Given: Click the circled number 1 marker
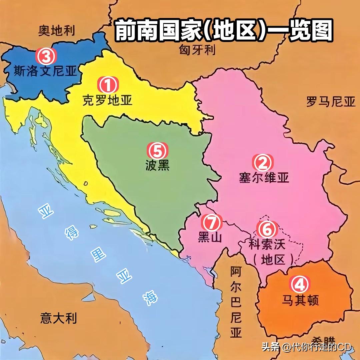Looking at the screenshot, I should point(108,85).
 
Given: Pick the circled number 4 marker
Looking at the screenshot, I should point(300,284).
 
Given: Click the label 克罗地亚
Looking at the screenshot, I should point(107,100).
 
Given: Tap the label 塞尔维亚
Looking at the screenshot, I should point(264,177).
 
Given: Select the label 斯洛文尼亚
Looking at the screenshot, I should point(45,71).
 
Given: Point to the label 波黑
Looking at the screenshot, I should point(157,166).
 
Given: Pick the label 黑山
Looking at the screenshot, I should point(210,237).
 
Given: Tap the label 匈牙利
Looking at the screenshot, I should point(197,50).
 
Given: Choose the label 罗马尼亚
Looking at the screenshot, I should point(331,102).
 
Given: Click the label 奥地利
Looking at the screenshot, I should point(56,31).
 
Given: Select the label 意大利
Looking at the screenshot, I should point(58,318).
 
